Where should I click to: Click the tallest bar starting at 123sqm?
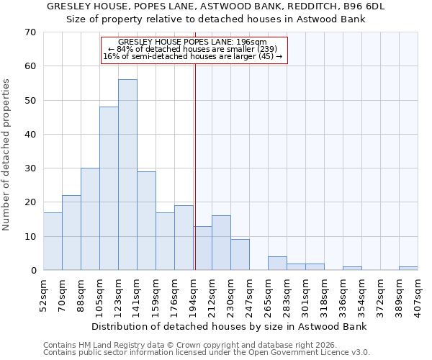click(127, 175)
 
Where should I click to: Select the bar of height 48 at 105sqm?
click(109, 189)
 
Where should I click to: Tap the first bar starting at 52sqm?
click(53, 241)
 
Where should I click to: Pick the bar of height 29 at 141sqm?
click(146, 221)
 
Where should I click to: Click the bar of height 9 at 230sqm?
click(240, 255)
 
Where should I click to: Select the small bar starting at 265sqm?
click(277, 264)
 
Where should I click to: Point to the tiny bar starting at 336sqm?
click(352, 269)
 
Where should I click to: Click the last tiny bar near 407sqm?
click(408, 269)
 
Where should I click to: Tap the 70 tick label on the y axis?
click(30, 32)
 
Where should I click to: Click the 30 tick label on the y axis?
click(30, 168)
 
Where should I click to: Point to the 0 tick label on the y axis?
click(32, 271)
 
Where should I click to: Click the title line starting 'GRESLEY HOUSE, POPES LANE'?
click(216, 6)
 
